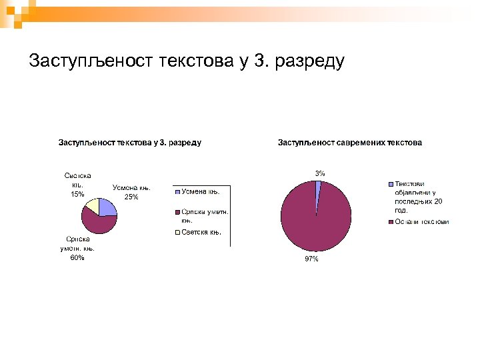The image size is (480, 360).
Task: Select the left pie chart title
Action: (130, 142)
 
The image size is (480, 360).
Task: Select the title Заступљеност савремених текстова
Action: (349, 142)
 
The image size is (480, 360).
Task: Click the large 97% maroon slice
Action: (313, 220)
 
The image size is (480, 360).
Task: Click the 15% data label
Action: (77, 195)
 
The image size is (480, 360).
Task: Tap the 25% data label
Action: (131, 197)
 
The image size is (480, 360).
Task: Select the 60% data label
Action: (77, 258)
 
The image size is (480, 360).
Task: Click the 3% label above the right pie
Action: (321, 173)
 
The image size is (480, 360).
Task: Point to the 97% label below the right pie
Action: (311, 259)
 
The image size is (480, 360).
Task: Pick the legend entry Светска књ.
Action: (202, 232)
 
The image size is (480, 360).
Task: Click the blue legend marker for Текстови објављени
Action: (391, 184)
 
